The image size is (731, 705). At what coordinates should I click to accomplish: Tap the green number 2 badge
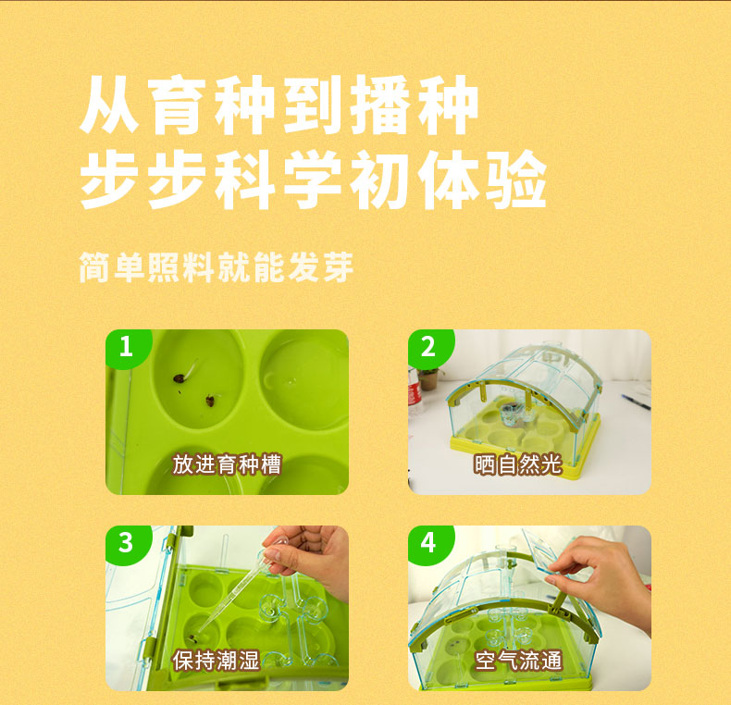click(429, 347)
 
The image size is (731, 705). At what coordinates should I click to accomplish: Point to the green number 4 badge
click(429, 543)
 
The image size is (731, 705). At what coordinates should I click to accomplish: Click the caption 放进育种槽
click(227, 464)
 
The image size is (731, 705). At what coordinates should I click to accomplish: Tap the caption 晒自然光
click(518, 464)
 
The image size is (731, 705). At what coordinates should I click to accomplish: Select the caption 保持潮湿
click(216, 661)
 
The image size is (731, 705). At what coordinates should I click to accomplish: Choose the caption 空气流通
click(518, 661)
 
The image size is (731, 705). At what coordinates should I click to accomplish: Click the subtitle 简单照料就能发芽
click(216, 267)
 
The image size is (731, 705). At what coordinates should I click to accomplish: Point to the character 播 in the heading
click(380, 105)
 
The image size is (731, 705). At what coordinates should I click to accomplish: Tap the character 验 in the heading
click(516, 179)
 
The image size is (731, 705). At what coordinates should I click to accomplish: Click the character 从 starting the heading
click(109, 105)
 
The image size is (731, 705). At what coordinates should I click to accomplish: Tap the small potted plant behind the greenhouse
click(429, 378)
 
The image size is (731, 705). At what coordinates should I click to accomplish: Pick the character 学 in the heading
click(313, 179)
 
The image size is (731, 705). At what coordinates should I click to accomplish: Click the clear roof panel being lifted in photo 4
click(543, 550)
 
